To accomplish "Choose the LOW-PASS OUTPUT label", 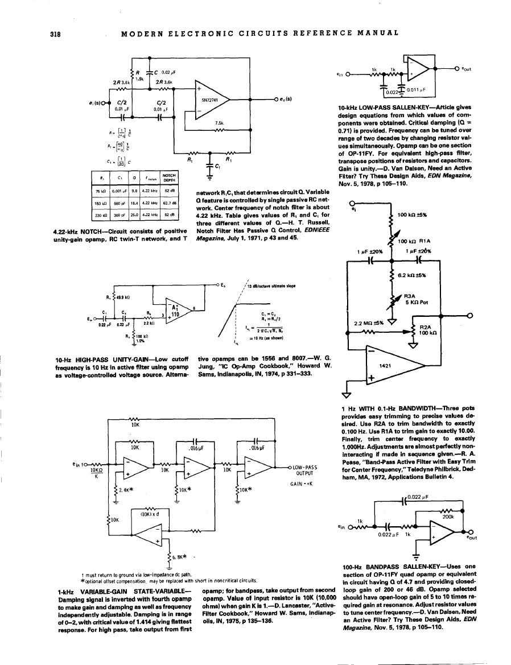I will point(303,471).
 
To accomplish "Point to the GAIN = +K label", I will point(300,484).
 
